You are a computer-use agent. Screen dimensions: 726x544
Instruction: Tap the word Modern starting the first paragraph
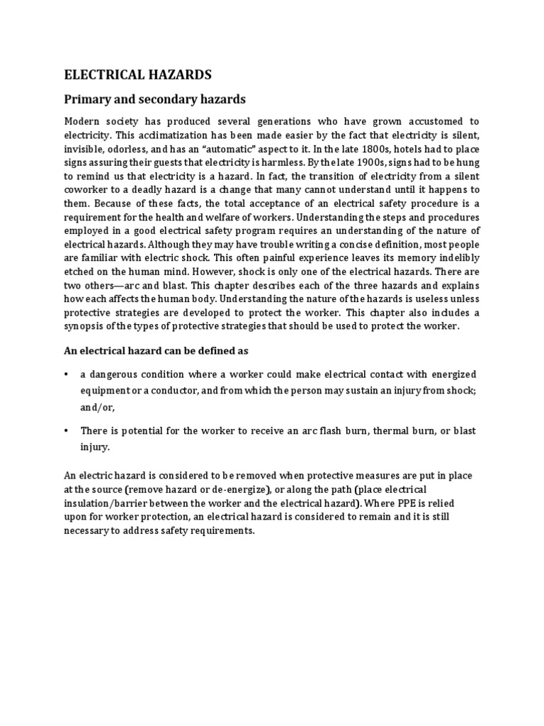[82, 122]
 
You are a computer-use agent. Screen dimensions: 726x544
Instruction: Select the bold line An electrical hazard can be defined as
[157, 351]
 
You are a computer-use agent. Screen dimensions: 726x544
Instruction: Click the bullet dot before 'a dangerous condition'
[67, 374]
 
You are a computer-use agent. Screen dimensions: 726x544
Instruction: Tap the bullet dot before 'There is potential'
[67, 431]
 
